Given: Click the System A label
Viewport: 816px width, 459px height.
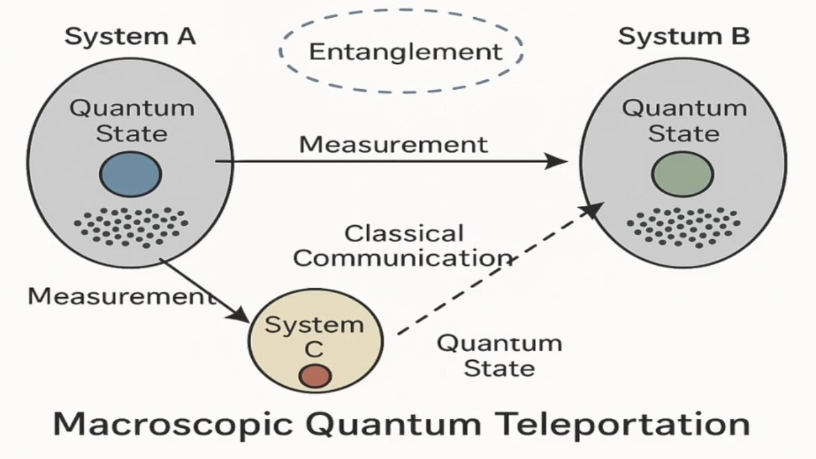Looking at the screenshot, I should point(129,37).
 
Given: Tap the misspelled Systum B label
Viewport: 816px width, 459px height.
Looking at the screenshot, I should point(683,37).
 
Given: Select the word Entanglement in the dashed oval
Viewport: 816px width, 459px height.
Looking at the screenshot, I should point(405,52).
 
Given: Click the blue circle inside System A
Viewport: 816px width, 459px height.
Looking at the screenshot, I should point(130,174).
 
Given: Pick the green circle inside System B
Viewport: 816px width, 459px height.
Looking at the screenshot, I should point(682,174).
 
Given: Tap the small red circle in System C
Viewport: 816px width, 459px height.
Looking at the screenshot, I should point(315,375).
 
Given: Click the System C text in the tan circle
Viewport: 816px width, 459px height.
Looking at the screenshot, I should point(314,336).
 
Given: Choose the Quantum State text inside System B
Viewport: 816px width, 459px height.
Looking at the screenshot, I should point(684,120).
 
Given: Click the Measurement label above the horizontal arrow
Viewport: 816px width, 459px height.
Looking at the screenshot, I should point(393,145).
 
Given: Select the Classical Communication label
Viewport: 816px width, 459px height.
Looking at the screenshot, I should point(404,246).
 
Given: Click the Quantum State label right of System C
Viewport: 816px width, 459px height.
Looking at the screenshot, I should point(499,356).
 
